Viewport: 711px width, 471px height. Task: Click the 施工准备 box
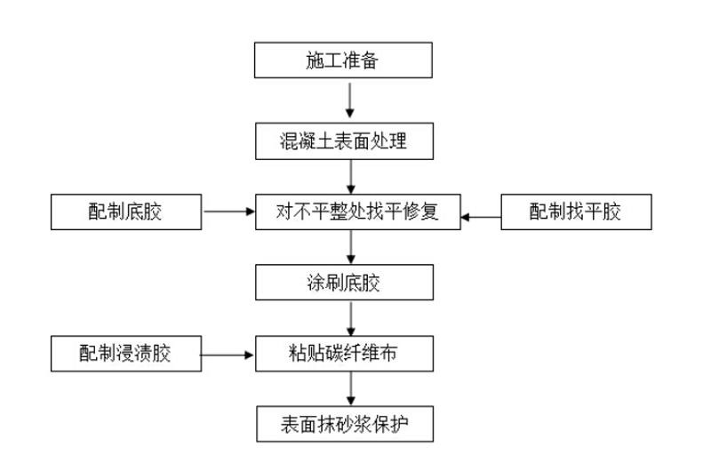point(344,60)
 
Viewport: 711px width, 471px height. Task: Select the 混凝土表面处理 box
point(344,140)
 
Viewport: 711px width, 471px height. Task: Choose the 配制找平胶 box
point(577,212)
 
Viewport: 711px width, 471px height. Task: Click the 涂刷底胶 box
point(344,283)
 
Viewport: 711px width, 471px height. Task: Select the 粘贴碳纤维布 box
point(344,355)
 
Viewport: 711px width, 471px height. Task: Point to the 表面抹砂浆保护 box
point(344,426)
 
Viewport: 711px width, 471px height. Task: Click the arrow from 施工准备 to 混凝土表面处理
point(350,100)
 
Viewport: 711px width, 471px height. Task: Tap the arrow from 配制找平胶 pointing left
point(483,214)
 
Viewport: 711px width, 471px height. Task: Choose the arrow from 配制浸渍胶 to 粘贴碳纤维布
point(228,355)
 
